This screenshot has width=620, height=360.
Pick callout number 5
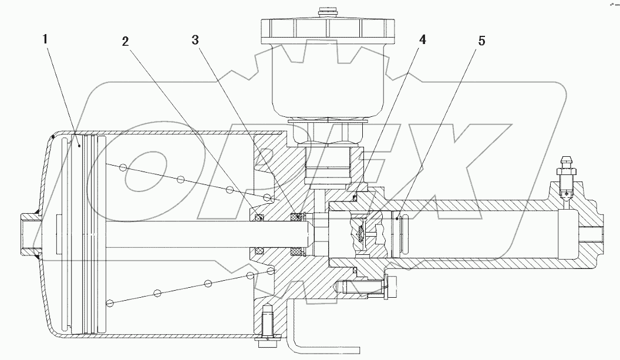pos(481,41)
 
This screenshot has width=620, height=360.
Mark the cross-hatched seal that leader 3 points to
pos(298,218)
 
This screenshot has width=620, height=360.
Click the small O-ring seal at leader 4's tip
pos(356,198)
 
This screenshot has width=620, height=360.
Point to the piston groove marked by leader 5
pos(399,218)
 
